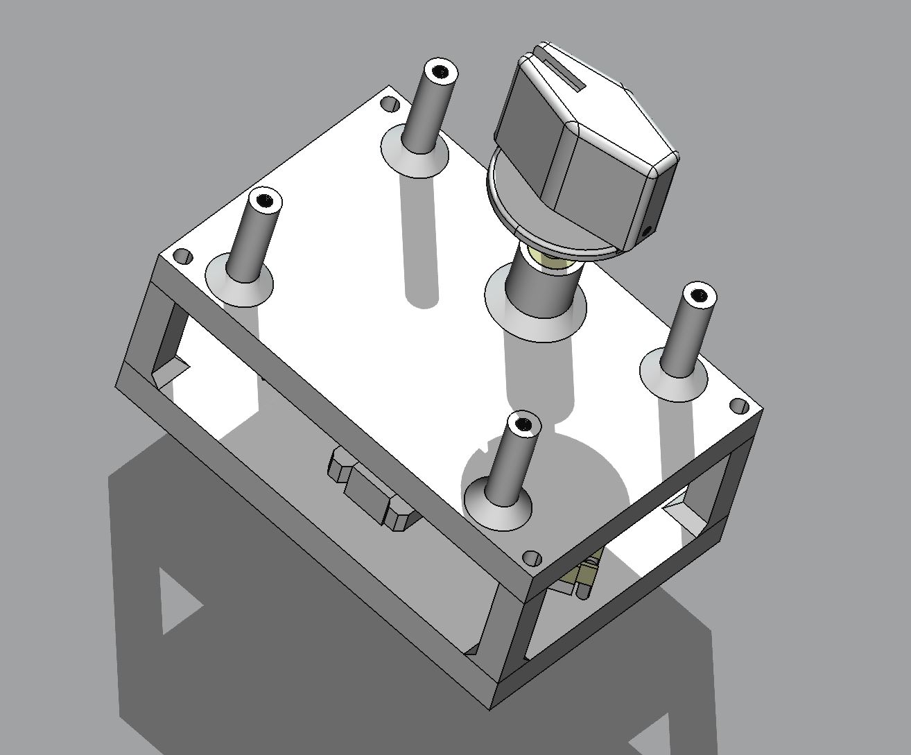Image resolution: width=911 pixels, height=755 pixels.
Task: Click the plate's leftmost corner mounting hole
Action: [182, 257]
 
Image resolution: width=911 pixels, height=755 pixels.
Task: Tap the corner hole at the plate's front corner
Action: [531, 557]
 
